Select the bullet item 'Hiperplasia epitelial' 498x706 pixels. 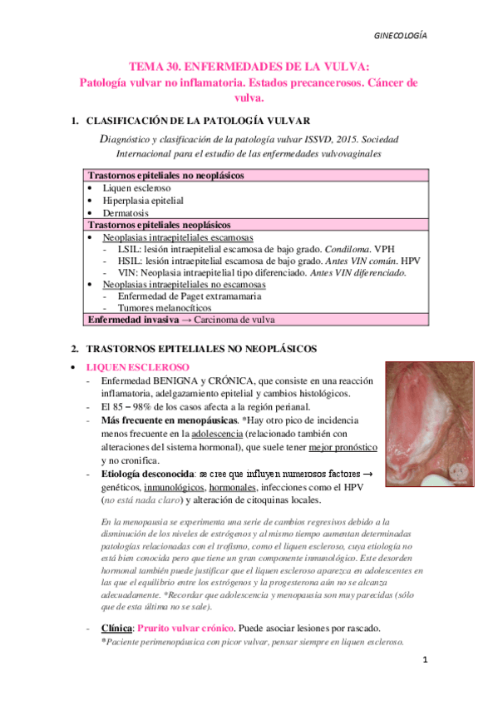click(143, 201)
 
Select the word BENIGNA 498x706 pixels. click(177, 380)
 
